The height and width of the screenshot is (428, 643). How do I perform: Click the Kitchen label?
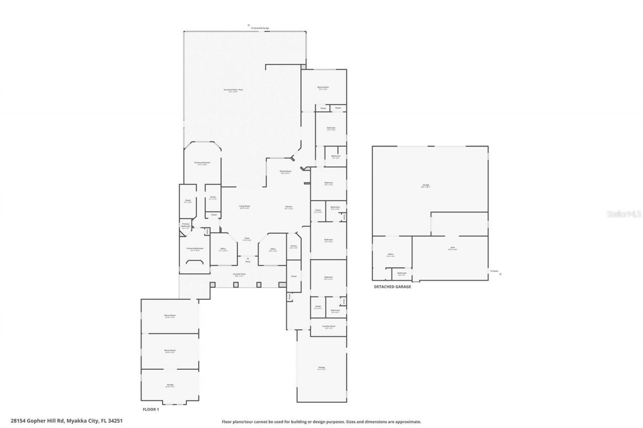[289, 207]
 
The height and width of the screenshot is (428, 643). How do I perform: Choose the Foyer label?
[247, 239]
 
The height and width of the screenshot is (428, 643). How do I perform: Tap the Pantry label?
[293, 246]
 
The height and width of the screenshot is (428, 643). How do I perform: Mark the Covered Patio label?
[238, 274]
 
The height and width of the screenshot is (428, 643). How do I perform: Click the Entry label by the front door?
[248, 261]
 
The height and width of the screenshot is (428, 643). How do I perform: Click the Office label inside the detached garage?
[391, 255]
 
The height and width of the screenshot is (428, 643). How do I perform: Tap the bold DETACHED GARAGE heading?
[392, 287]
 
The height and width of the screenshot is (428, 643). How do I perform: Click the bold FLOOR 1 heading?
[151, 409]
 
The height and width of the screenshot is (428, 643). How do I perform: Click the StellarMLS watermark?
[624, 214]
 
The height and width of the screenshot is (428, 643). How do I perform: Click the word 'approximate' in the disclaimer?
[406, 422]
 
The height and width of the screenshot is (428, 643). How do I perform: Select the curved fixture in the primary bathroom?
[195, 261]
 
